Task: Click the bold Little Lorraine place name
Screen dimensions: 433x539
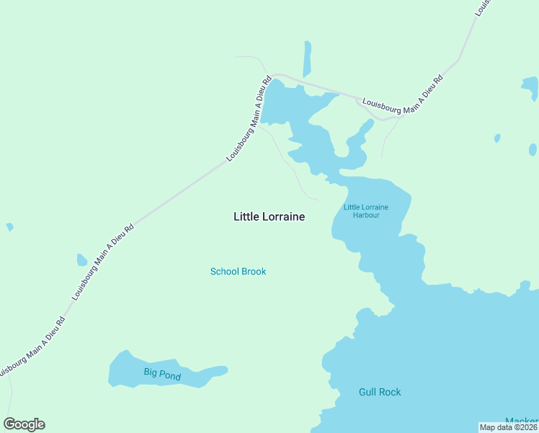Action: pyautogui.click(x=269, y=216)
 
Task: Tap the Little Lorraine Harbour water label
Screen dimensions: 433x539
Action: pyautogui.click(x=366, y=211)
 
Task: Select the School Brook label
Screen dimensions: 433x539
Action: pyautogui.click(x=238, y=271)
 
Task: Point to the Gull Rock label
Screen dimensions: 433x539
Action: pyautogui.click(x=380, y=392)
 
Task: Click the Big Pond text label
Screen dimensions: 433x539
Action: pyautogui.click(x=161, y=374)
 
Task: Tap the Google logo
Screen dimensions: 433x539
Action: pyautogui.click(x=24, y=424)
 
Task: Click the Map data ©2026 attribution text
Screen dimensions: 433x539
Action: pyautogui.click(x=509, y=427)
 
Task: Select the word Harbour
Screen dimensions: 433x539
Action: pyautogui.click(x=366, y=215)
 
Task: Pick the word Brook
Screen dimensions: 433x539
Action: pyautogui.click(x=254, y=271)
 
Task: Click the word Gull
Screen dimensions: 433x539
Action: pyautogui.click(x=367, y=392)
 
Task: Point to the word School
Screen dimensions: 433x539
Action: pyautogui.click(x=225, y=271)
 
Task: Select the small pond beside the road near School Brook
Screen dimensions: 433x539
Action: pyautogui.click(x=82, y=260)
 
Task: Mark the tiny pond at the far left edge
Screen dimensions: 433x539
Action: pyautogui.click(x=9, y=227)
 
